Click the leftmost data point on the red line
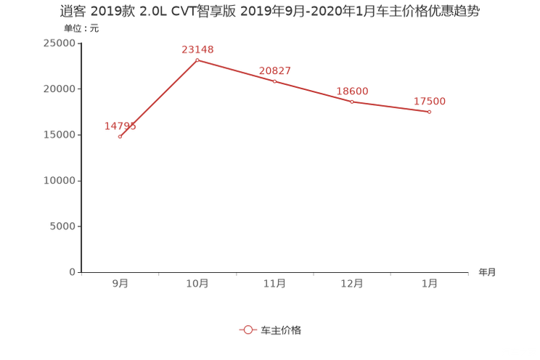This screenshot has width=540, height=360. (x=120, y=136)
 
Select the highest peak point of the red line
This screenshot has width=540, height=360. (x=197, y=60)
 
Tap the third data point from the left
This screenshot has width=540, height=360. (x=274, y=81)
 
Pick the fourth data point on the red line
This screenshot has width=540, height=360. (x=352, y=102)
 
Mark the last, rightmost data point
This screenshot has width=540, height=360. (x=430, y=112)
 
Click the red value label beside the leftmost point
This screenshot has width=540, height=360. (x=120, y=126)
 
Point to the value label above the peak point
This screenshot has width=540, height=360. (x=197, y=49)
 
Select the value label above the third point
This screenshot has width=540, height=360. (x=275, y=70)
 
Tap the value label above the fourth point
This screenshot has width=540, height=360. (x=353, y=91)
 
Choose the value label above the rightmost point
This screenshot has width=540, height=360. (x=430, y=102)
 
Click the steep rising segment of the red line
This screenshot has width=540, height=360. (x=158, y=98)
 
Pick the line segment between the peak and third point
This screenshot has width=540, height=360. (x=236, y=70)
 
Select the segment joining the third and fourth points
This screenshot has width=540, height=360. (x=314, y=91)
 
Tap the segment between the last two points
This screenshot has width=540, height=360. (x=391, y=107)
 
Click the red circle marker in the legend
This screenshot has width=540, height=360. (x=248, y=330)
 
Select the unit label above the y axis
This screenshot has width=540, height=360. (x=79, y=29)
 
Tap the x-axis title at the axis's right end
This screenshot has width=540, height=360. (x=487, y=273)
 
